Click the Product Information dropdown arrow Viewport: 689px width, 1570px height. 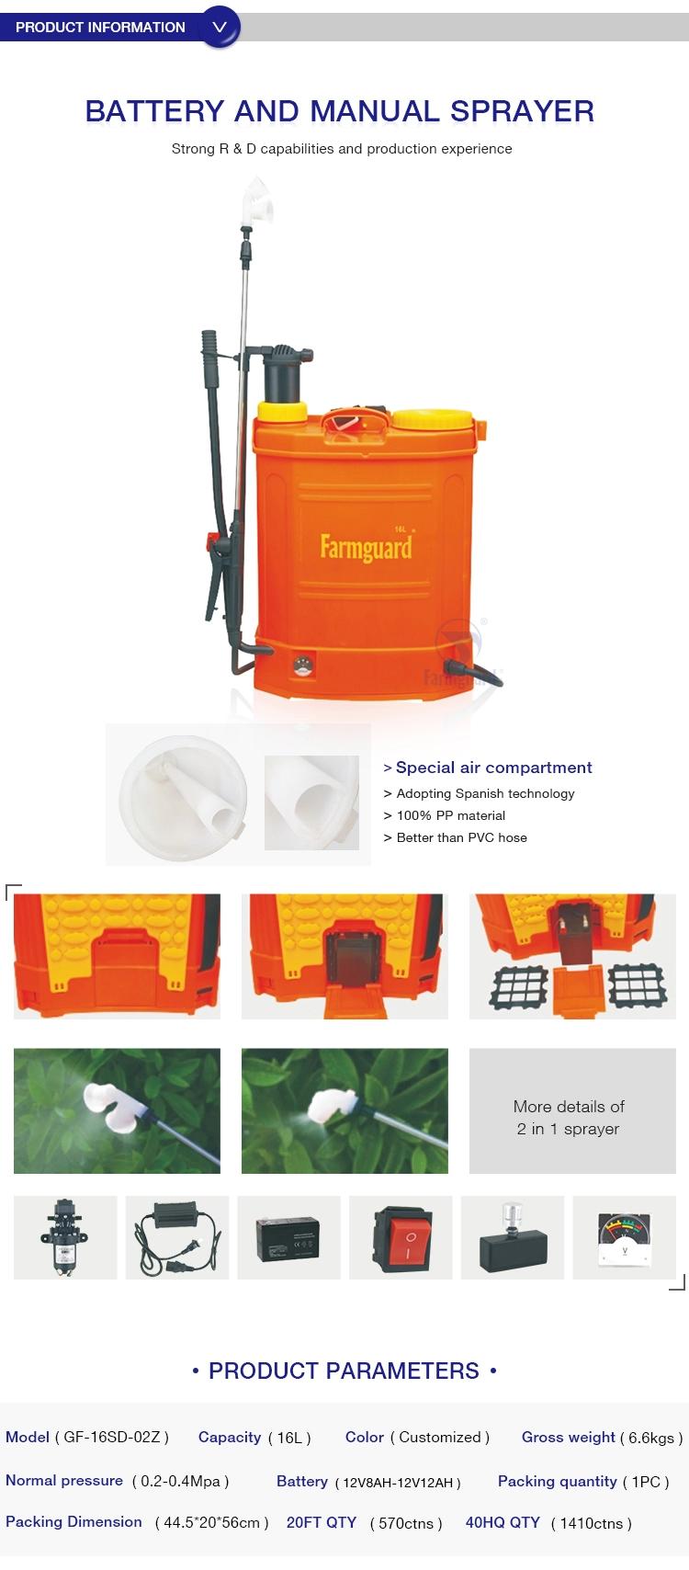point(220,28)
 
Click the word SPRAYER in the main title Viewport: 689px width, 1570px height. point(523,111)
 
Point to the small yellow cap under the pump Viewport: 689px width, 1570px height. point(281,412)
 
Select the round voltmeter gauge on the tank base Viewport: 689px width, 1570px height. point(303,666)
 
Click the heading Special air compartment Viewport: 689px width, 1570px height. point(493,768)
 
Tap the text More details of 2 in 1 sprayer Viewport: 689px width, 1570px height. point(569,1117)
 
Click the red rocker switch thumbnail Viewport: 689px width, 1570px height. point(401,1238)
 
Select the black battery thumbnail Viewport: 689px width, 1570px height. point(288,1238)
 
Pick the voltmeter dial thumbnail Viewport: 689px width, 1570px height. point(624,1238)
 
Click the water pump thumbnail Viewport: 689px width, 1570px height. point(65,1238)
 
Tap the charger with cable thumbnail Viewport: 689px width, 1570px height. point(177,1238)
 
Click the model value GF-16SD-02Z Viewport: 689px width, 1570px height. point(112,1438)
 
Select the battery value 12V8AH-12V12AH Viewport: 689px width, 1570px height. point(398,1483)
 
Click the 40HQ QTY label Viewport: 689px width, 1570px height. point(503,1523)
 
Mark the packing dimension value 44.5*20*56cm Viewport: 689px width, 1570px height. point(211,1523)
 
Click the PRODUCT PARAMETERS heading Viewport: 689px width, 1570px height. point(344,1371)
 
